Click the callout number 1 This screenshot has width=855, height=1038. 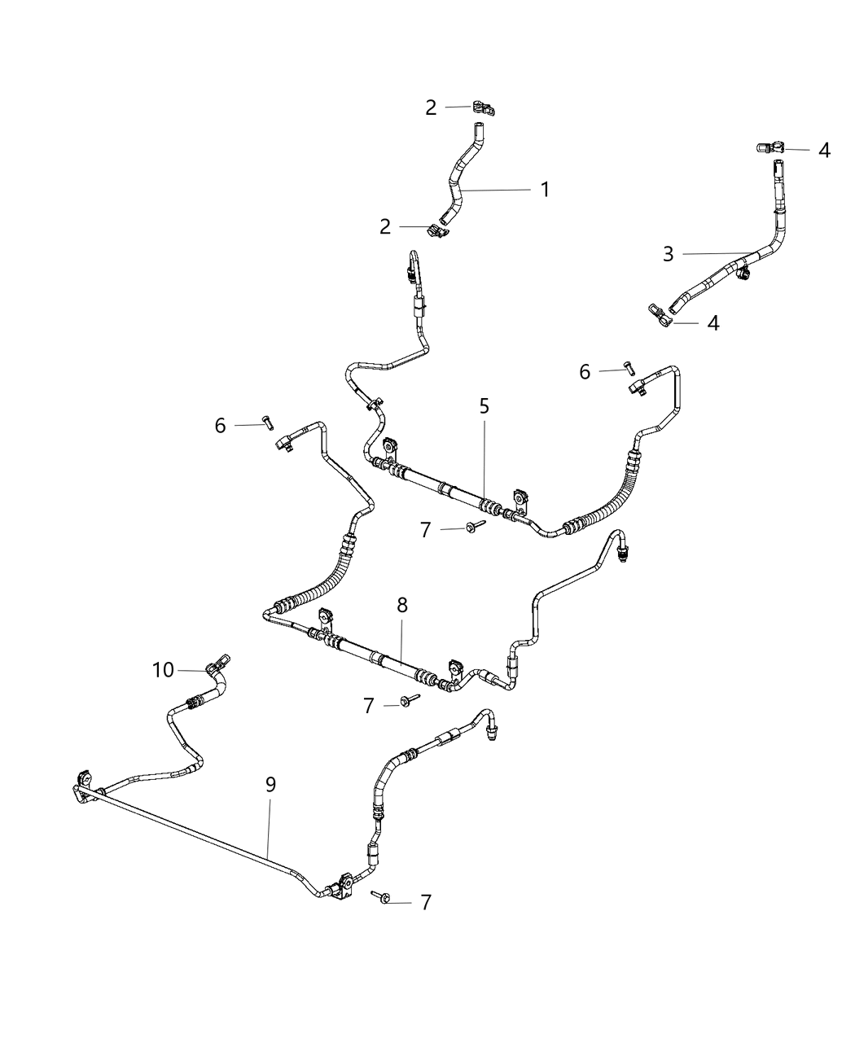click(545, 190)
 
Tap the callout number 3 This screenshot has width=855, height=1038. click(668, 254)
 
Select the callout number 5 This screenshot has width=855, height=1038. click(484, 406)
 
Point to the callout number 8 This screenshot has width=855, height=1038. click(402, 605)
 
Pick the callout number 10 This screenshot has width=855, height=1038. click(163, 670)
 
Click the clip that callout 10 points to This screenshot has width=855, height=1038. click(217, 665)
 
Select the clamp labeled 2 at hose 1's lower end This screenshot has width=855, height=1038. click(438, 230)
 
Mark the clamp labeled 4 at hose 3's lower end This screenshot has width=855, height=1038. click(660, 316)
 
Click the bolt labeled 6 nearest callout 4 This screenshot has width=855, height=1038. click(629, 368)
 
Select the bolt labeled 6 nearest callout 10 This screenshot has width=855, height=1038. click(269, 423)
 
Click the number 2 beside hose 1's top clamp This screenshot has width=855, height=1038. click(431, 108)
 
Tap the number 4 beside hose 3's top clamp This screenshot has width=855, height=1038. click(824, 151)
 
